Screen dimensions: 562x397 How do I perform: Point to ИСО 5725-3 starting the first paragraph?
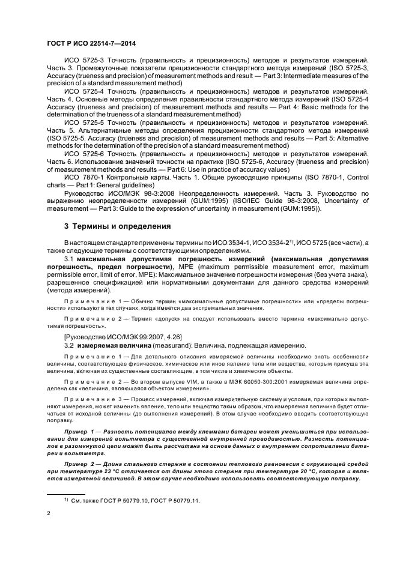[x=82, y=61]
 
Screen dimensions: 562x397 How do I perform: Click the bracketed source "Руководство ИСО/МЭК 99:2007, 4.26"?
[x=114, y=336]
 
